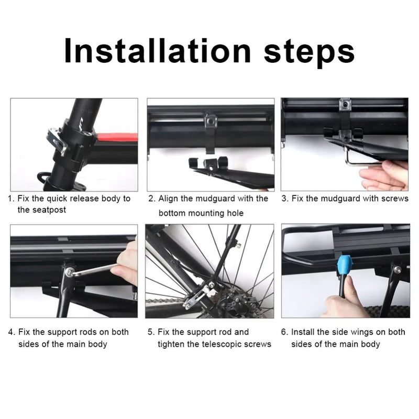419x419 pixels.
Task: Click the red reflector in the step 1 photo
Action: [x=117, y=138]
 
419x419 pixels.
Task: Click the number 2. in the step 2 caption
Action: [x=151, y=199]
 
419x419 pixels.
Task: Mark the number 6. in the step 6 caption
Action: [x=285, y=332]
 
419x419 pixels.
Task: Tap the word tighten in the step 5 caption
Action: [x=172, y=344]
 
